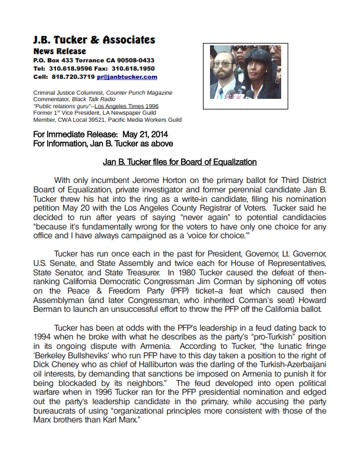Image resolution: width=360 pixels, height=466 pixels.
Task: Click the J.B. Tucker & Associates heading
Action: [x=94, y=40]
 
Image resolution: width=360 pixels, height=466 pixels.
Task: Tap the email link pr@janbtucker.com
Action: [x=130, y=77]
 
